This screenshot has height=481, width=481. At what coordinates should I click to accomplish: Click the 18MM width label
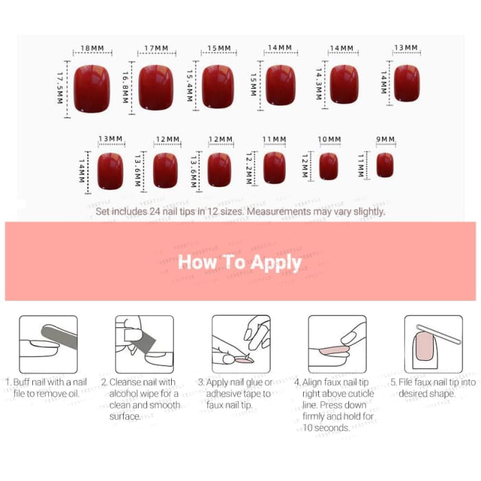click(x=92, y=49)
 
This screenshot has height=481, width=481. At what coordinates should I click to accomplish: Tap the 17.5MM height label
click(x=60, y=88)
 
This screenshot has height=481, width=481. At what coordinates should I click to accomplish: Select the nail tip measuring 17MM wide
click(x=155, y=87)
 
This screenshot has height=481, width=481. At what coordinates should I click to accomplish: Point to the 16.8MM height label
click(x=126, y=88)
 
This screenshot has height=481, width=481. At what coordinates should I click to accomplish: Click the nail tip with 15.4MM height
click(x=219, y=86)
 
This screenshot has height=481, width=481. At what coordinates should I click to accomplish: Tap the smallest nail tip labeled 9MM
click(x=385, y=165)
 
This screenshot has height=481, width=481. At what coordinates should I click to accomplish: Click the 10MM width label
click(x=329, y=139)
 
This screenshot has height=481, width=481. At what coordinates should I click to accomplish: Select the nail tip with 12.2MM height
click(x=274, y=167)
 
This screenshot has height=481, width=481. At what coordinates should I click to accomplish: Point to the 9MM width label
click(x=385, y=139)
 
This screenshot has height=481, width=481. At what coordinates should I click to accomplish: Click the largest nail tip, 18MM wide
click(x=92, y=89)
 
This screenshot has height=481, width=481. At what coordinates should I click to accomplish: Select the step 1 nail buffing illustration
click(x=48, y=344)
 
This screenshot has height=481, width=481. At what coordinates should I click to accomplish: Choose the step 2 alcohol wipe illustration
click(x=144, y=344)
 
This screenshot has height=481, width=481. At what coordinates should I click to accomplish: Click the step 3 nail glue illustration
click(x=240, y=344)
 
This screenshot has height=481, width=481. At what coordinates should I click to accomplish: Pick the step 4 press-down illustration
click(x=337, y=344)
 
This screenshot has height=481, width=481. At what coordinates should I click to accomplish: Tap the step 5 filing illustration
click(x=433, y=344)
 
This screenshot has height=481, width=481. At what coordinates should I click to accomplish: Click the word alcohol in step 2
click(x=125, y=394)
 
